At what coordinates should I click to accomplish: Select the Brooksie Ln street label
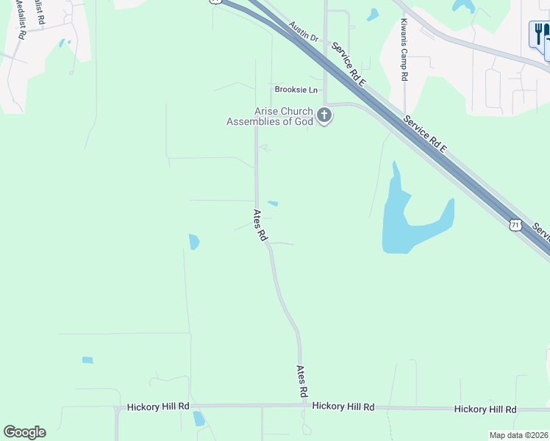pyautogui.click(x=296, y=90)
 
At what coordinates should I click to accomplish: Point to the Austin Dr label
pyautogui.click(x=303, y=32)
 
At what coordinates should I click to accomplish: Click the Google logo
pyautogui.click(x=24, y=432)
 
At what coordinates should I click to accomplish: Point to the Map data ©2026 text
pyautogui.click(x=518, y=435)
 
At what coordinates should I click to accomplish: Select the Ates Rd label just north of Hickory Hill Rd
pyautogui.click(x=301, y=381)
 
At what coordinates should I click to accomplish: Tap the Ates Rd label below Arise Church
pyautogui.click(x=260, y=226)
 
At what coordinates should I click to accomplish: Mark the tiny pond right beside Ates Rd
pyautogui.click(x=273, y=204)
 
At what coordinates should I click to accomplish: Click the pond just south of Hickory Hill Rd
pyautogui.click(x=199, y=419)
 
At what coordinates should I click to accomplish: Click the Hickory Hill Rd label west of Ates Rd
pyautogui.click(x=158, y=406)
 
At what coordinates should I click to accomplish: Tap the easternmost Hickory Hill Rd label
pyautogui.click(x=485, y=409)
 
